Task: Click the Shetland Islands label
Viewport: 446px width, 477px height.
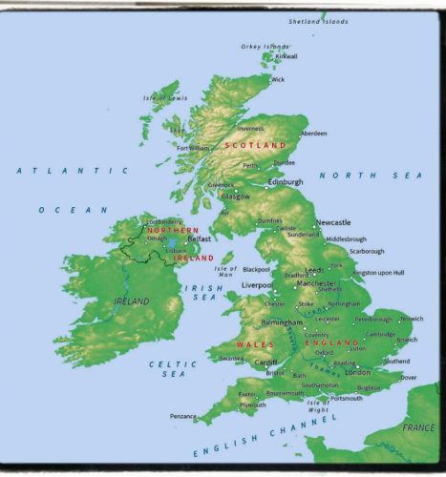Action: coord(321,20)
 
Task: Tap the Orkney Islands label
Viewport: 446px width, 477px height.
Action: coord(264,46)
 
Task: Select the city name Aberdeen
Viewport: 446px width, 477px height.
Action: coord(313,134)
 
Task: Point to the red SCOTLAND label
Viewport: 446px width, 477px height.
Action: coord(255,145)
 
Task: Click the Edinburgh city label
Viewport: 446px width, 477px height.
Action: coord(285,181)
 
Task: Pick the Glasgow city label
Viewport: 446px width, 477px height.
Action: coord(236,196)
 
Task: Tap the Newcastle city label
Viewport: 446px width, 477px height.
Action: coord(333,221)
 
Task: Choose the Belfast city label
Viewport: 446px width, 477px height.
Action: coord(199,239)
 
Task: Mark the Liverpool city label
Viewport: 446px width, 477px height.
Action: coord(257,284)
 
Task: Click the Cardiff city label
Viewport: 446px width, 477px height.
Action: coord(265,363)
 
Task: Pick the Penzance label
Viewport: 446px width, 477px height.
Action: coord(183,416)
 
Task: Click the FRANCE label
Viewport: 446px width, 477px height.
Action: coord(417,428)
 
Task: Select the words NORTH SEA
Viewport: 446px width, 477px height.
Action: coord(370,176)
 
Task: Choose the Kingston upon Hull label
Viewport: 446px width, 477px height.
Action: coord(378,273)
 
